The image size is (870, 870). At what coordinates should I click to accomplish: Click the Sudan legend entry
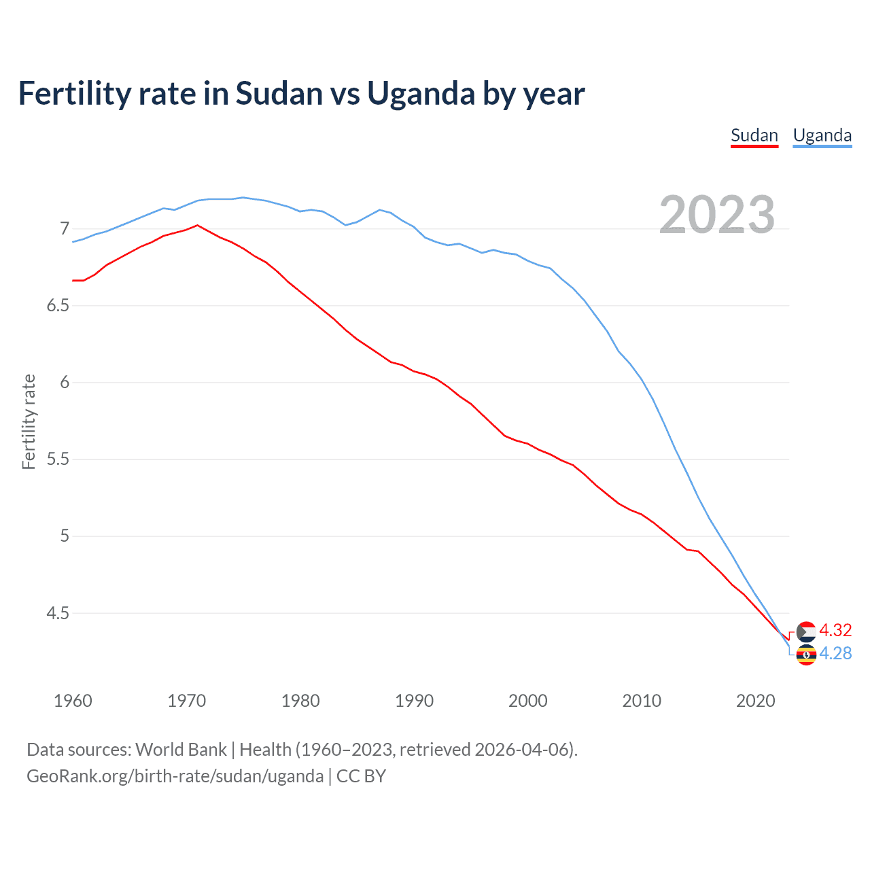(754, 135)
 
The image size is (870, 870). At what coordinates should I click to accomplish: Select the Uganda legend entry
(822, 135)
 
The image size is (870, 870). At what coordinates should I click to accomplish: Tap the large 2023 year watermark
(716, 215)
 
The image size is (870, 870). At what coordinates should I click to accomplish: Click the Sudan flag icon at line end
(805, 631)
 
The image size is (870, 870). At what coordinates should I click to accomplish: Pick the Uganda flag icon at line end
(805, 655)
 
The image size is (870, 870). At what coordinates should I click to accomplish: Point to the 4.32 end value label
(835, 630)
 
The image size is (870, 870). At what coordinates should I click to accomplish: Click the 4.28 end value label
(835, 653)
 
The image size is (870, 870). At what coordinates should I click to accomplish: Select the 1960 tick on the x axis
(73, 701)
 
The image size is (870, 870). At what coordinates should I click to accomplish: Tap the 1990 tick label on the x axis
(414, 701)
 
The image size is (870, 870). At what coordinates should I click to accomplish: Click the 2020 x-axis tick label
(755, 701)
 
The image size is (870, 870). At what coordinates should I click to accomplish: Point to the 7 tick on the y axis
(65, 228)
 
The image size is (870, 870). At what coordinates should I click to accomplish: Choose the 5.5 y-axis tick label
(58, 459)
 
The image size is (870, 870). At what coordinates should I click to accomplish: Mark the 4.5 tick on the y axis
(58, 613)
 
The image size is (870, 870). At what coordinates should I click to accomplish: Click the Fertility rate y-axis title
(29, 421)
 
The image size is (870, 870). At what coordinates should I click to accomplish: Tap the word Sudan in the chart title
(279, 93)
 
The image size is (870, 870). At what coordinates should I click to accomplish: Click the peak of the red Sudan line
(197, 225)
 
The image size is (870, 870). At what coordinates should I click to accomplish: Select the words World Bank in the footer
(181, 750)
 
